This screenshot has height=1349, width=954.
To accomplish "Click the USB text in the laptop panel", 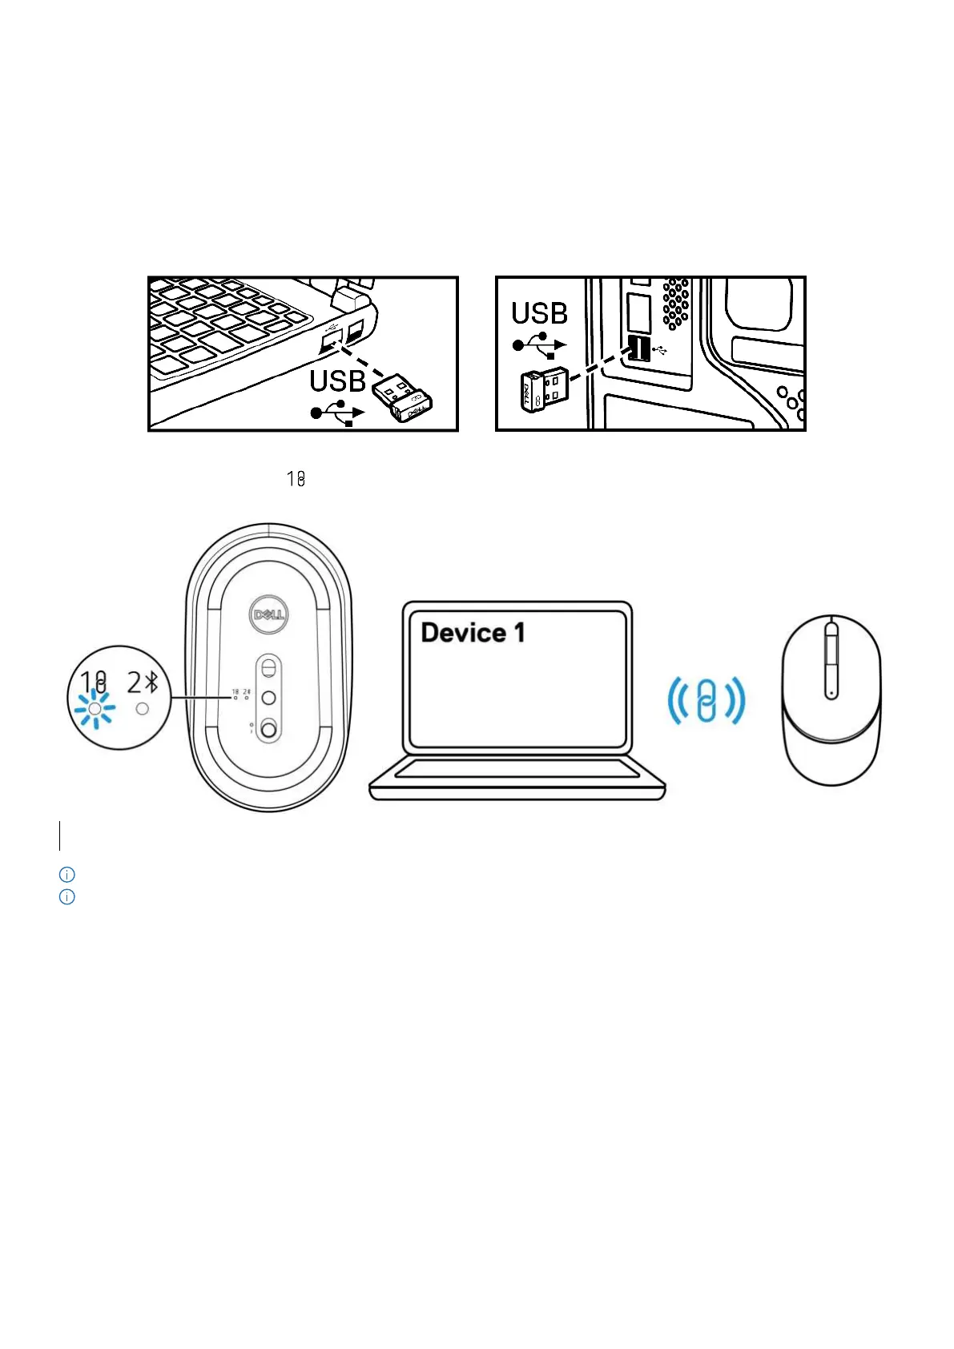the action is [337, 381].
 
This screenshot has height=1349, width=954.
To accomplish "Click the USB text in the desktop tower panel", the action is [539, 313].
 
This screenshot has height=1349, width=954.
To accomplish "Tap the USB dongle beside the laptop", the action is [402, 397].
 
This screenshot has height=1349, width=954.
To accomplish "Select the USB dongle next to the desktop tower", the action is [545, 389].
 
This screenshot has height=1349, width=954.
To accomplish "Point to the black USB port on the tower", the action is [638, 348].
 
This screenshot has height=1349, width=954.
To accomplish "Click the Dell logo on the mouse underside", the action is [269, 614].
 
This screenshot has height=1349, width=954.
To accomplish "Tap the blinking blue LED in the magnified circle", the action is [95, 710].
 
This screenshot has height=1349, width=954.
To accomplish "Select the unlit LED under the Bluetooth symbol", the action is [143, 709].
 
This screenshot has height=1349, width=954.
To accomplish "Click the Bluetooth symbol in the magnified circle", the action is [152, 683].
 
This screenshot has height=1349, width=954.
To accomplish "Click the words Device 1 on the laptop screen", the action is [473, 633].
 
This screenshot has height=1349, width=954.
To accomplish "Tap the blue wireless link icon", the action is [706, 700].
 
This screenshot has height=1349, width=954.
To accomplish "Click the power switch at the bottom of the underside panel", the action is [269, 729].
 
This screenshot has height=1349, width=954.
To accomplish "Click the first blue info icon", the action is [67, 874].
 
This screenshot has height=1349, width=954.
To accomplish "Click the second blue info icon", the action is [67, 897].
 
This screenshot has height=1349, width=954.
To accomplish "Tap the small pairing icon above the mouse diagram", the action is [296, 479].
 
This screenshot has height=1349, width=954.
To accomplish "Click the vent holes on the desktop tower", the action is [676, 304].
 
